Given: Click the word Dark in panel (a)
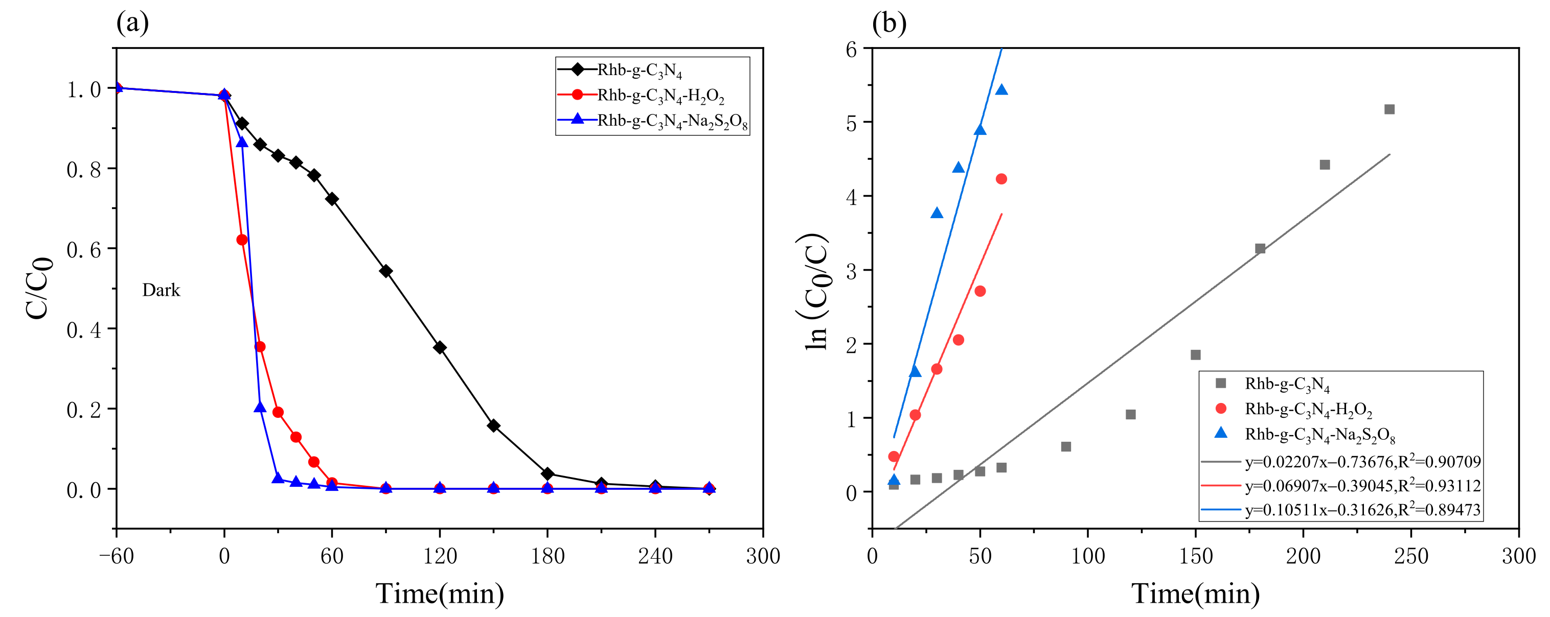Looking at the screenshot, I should point(161,290).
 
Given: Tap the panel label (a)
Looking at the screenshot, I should point(132,23).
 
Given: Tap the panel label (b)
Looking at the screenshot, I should point(888,23).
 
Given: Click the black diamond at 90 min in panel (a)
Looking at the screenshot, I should point(385,271).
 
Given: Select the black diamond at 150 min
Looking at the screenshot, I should point(493,426).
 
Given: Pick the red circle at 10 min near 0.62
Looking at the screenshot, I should point(242,240).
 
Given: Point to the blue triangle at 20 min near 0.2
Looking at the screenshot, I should point(260,407).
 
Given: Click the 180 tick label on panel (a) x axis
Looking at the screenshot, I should point(547,556).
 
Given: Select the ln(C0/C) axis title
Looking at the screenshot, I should point(816,291).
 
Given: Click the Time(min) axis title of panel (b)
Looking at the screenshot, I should point(1195,594).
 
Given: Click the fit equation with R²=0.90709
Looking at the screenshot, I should point(1362,462).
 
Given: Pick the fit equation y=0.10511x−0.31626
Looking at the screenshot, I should point(1362,510).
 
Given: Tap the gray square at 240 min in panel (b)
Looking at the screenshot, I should point(1389,109).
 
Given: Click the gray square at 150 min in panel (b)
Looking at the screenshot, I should point(1196,355).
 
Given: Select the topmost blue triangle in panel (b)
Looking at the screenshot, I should point(1001,89).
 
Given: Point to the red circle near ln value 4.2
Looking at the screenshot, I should point(1001,179).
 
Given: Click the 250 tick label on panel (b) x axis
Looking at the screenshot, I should point(1411,556).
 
